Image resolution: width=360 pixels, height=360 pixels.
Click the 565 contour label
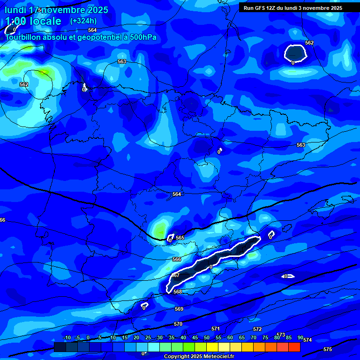(x=180, y=238)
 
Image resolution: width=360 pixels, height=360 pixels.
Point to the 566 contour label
(x=177, y=259)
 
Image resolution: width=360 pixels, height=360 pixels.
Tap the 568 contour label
(x=178, y=292)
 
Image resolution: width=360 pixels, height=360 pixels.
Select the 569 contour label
(x=179, y=309)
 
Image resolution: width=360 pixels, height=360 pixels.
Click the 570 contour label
(x=178, y=324)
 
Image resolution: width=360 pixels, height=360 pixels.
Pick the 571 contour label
(x=216, y=329)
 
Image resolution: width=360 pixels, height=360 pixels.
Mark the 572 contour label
(x=257, y=330)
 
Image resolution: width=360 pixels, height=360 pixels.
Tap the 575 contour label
(x=328, y=349)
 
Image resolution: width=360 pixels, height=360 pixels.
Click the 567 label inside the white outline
(x=175, y=275)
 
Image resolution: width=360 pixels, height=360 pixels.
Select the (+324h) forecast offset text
(x=83, y=21)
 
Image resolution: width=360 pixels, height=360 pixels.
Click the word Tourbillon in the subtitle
(x=23, y=37)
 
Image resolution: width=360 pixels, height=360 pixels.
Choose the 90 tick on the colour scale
(x=300, y=337)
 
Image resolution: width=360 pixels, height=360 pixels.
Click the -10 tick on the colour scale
(x=67, y=337)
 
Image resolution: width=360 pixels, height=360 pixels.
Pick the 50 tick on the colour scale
(x=207, y=337)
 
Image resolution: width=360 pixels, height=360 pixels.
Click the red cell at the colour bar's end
(x=294, y=347)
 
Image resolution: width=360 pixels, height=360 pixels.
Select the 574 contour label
(x=307, y=339)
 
